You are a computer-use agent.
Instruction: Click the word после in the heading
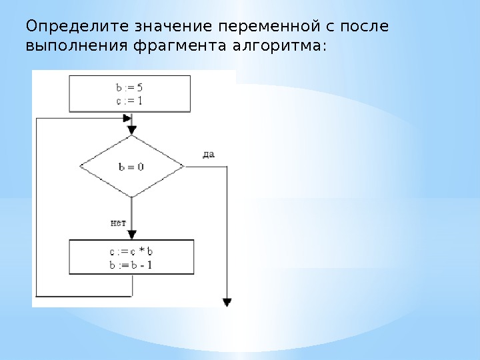(x=365, y=27)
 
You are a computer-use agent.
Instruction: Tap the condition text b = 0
(x=131, y=167)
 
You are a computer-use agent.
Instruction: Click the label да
(x=208, y=154)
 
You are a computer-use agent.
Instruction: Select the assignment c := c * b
(x=131, y=252)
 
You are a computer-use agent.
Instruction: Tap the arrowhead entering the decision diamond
(x=132, y=130)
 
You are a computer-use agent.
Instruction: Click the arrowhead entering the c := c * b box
(x=132, y=235)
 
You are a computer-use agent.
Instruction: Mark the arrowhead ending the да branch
(x=227, y=302)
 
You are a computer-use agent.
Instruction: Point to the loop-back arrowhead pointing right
(x=127, y=118)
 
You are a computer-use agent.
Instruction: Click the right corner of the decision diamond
(x=183, y=167)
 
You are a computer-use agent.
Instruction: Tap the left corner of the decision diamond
(x=80, y=167)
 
